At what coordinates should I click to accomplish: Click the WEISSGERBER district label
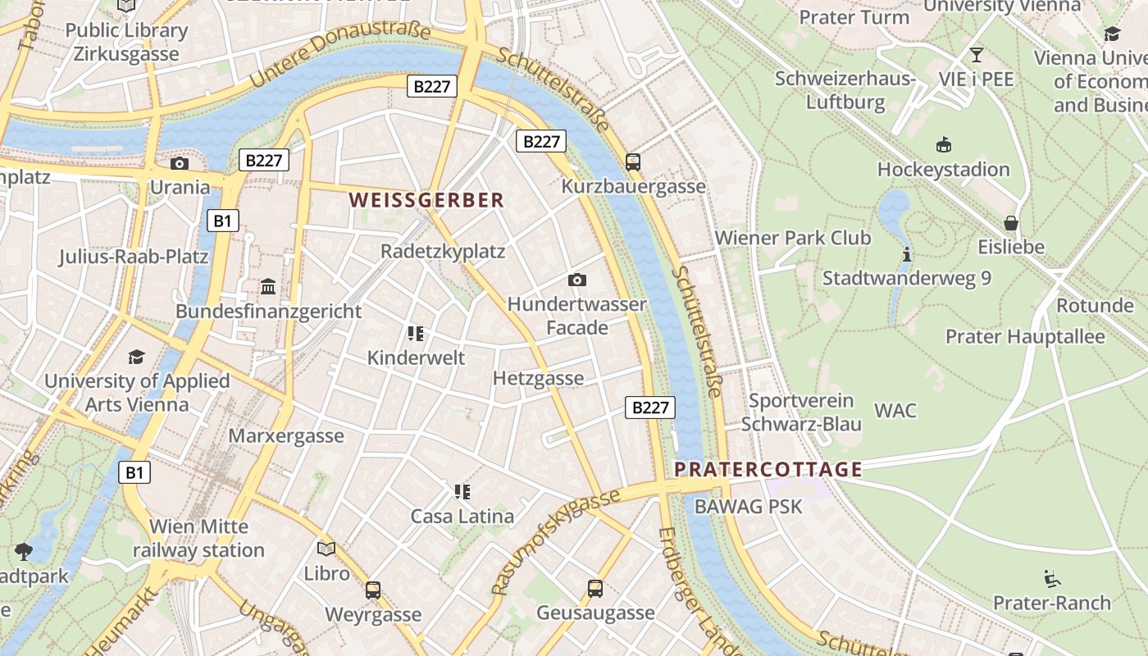click(x=426, y=200)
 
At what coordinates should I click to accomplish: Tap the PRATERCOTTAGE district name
click(x=768, y=470)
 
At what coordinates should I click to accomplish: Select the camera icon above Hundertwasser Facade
click(x=577, y=280)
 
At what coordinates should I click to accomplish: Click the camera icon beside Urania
click(x=180, y=163)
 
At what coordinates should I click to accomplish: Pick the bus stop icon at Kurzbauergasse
click(x=633, y=162)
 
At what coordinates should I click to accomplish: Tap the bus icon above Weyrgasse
click(x=373, y=590)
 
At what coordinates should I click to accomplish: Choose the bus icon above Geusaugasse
click(x=595, y=588)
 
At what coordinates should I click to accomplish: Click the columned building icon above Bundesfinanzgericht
click(x=268, y=287)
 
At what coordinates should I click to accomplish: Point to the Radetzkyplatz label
click(x=443, y=251)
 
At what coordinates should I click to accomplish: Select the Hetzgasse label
click(x=539, y=378)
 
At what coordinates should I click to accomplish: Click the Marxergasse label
click(x=286, y=435)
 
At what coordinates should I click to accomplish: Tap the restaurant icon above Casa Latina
click(x=462, y=492)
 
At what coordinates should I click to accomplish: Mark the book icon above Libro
click(x=326, y=549)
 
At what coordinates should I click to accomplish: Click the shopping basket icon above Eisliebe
click(x=1011, y=223)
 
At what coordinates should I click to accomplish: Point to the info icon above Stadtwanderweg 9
click(x=906, y=254)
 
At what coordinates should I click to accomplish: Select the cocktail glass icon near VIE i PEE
click(x=976, y=55)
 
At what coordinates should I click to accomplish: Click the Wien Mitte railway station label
click(x=198, y=538)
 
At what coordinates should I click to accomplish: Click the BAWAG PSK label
click(x=749, y=506)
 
